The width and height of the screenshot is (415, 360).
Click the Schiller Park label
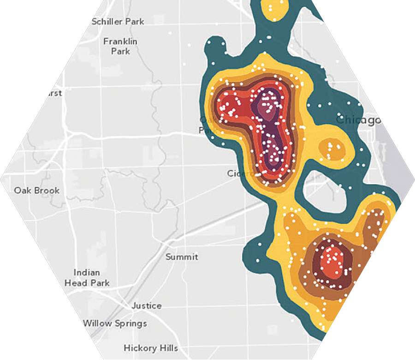click(118, 22)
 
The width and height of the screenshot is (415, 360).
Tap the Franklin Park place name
click(120, 46)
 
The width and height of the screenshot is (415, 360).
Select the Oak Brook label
click(37, 190)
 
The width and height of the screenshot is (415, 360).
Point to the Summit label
click(182, 257)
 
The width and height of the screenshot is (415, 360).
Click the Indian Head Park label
click(87, 277)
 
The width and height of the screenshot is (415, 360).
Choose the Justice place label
click(147, 306)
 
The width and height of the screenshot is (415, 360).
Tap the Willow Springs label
click(115, 323)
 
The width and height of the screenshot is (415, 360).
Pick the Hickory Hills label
click(151, 348)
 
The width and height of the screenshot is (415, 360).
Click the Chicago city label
click(359, 120)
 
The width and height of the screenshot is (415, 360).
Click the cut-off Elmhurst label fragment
click(54, 93)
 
